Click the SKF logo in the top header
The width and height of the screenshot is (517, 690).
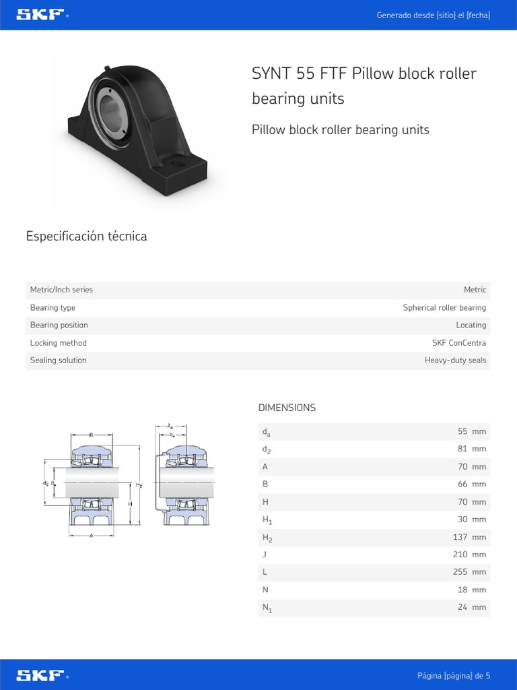tap(41, 15)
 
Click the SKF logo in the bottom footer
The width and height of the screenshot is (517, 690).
tap(41, 675)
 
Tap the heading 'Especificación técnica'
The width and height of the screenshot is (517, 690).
tap(86, 236)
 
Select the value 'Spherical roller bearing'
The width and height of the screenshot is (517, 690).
tap(444, 308)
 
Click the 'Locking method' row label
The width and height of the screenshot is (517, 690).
tap(59, 343)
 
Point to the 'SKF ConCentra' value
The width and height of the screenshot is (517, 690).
tap(458, 343)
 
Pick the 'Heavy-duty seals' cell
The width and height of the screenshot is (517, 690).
tap(455, 360)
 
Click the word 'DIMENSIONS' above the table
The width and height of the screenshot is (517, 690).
tap(287, 408)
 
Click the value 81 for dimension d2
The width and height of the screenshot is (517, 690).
tap(462, 449)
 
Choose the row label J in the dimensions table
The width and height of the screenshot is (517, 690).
tap(264, 555)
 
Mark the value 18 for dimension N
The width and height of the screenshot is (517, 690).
tap(462, 590)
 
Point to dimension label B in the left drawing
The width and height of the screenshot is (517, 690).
tap(91, 434)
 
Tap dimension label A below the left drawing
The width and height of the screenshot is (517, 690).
tap(91, 536)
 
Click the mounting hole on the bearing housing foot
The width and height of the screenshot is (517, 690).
tap(178, 163)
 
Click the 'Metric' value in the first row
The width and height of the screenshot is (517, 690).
tap(475, 290)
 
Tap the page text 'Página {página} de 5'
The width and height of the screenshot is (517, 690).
tap(454, 675)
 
